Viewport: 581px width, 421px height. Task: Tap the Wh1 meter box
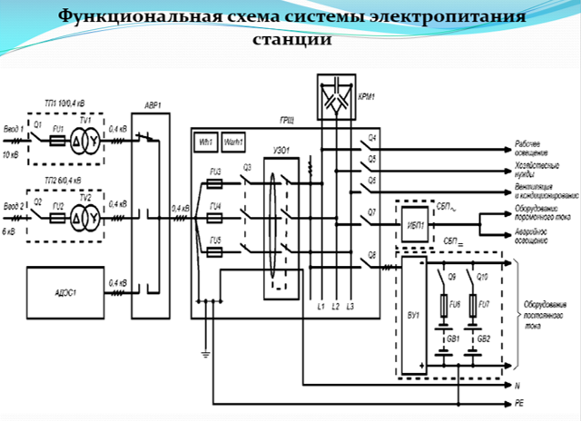point(205,143)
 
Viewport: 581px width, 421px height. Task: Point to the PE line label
point(517,400)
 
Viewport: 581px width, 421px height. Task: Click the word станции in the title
point(290,41)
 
